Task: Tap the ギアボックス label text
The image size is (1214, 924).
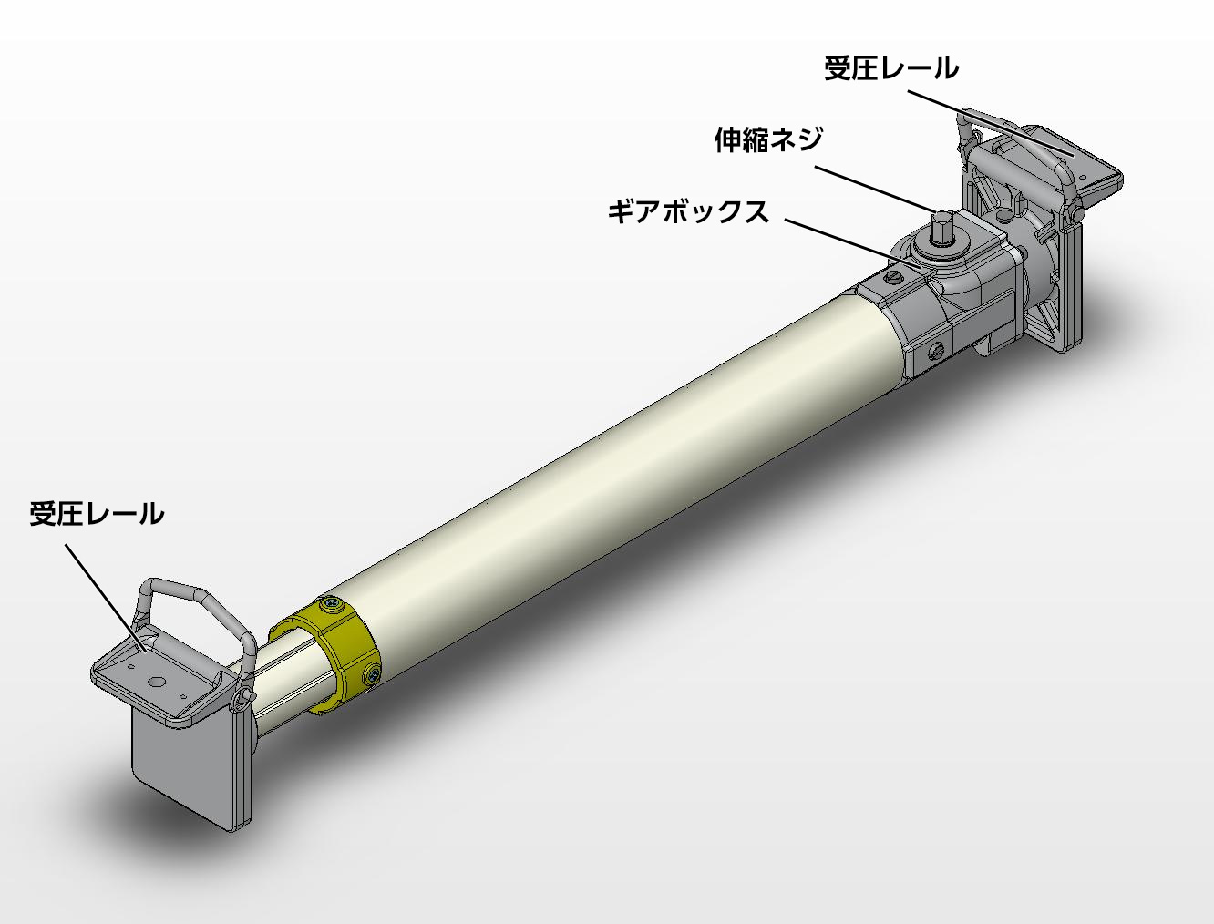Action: tap(688, 212)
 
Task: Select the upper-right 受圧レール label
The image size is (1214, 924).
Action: tap(890, 68)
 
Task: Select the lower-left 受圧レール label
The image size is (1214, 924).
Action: tap(97, 514)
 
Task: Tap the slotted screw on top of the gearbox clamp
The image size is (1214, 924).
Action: tap(894, 276)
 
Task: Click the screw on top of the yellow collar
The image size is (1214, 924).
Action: tap(329, 604)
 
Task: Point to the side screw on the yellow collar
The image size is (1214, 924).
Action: tap(375, 674)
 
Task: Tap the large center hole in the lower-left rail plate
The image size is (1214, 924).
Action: tap(157, 682)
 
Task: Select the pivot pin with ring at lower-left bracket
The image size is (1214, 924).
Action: tap(242, 697)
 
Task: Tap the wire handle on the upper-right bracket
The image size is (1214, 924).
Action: tap(1012, 137)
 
